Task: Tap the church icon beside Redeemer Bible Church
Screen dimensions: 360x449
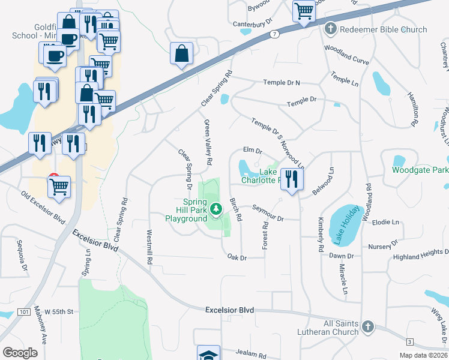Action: click(x=330, y=29)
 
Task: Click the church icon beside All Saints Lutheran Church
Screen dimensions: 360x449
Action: click(x=368, y=327)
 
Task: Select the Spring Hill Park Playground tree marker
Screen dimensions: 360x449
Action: click(x=216, y=208)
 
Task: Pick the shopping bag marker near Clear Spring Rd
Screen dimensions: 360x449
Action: click(x=181, y=53)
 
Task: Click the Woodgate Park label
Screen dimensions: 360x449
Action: click(x=420, y=170)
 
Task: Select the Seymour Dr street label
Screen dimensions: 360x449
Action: click(x=267, y=218)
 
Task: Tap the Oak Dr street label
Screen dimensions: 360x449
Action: click(x=237, y=257)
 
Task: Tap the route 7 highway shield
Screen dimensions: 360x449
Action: click(x=274, y=34)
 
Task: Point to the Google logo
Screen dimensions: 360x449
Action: click(x=20, y=353)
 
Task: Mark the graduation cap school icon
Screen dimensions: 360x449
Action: click(x=209, y=355)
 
